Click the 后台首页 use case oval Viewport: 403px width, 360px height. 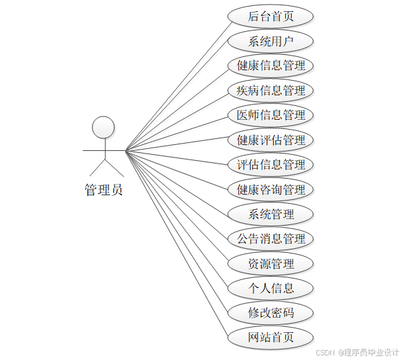[271, 17]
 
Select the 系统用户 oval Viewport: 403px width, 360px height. [271, 41]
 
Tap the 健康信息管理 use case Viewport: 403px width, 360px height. [271, 66]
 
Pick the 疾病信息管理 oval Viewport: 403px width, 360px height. [271, 90]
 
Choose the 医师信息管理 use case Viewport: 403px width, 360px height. [271, 115]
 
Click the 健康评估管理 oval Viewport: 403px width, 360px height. [271, 140]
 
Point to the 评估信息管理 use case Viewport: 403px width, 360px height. [271, 164]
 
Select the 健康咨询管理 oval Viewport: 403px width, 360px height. [271, 189]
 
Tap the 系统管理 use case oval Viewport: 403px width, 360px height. [271, 214]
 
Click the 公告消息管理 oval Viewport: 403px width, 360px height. [271, 238]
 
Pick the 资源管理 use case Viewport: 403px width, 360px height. [271, 263]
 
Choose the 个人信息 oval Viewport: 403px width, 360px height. [271, 288]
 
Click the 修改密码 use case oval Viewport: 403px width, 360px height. [271, 312]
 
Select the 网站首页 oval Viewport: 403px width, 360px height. [271, 337]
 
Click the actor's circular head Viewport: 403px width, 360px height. [103, 128]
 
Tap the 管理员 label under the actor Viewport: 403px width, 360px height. [103, 190]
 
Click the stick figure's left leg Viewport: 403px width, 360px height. [97, 167]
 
